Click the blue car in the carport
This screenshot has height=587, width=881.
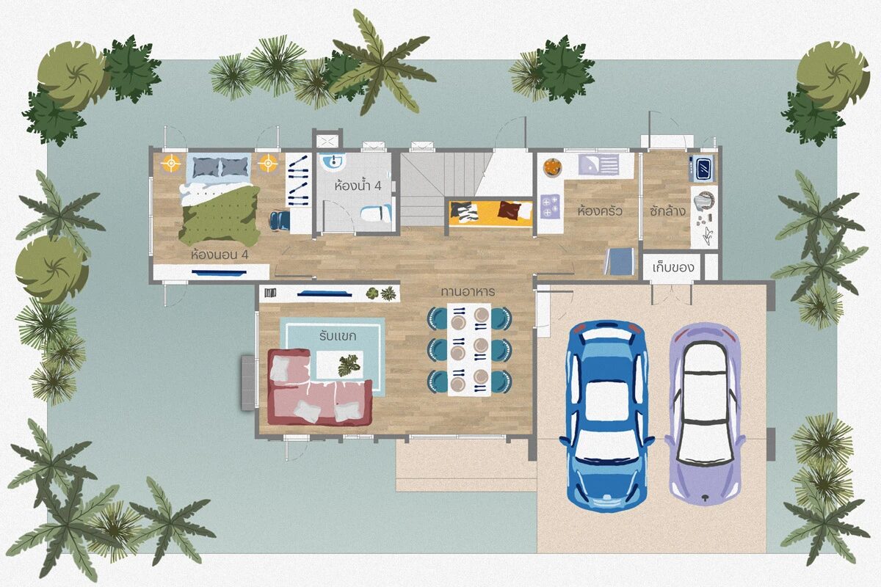tap(606, 417)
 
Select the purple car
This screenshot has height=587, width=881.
tap(706, 414)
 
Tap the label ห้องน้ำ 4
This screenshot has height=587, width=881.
tap(358, 185)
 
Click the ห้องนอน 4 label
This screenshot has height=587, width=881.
tap(220, 255)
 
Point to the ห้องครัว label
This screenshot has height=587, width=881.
tap(600, 211)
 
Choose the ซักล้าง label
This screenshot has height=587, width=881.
tap(667, 211)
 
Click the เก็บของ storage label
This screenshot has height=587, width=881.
tap(673, 268)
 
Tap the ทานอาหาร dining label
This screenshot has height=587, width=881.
tap(468, 292)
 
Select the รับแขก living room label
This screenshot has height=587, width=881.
tap(338, 336)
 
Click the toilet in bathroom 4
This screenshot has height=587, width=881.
tap(376, 214)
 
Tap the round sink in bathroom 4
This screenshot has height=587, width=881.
tap(333, 162)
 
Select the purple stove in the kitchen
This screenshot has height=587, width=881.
tap(550, 206)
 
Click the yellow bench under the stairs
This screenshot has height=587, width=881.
tap(491, 213)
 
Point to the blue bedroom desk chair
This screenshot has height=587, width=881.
tap(280, 221)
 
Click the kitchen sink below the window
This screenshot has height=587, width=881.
tap(598, 165)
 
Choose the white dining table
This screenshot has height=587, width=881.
tap(469, 349)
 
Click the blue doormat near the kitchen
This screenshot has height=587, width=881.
tap(619, 261)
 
